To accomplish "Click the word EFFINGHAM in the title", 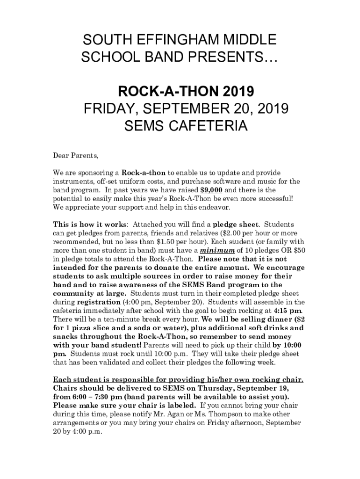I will tap(173, 40).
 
